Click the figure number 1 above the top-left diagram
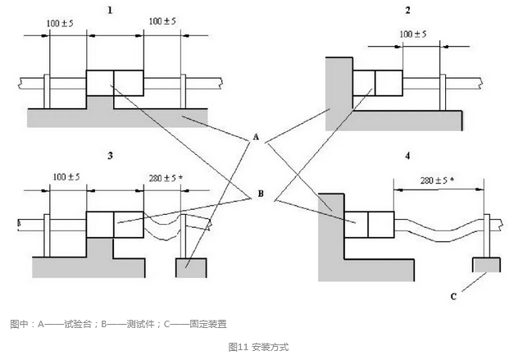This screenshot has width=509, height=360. [106, 10]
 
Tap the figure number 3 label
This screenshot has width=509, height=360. [109, 154]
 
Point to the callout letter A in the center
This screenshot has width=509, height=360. [257, 139]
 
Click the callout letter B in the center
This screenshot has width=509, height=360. [261, 195]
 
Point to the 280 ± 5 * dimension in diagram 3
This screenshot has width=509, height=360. [166, 176]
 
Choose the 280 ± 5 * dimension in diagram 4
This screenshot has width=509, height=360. [436, 179]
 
